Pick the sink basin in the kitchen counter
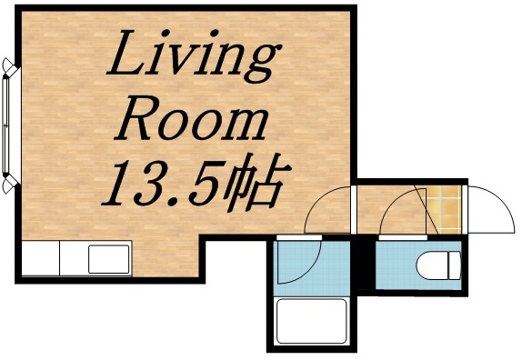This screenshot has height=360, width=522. tap(109, 259)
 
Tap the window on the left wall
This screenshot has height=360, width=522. tap(8, 125)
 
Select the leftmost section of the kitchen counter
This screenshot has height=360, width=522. tap(40, 259)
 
